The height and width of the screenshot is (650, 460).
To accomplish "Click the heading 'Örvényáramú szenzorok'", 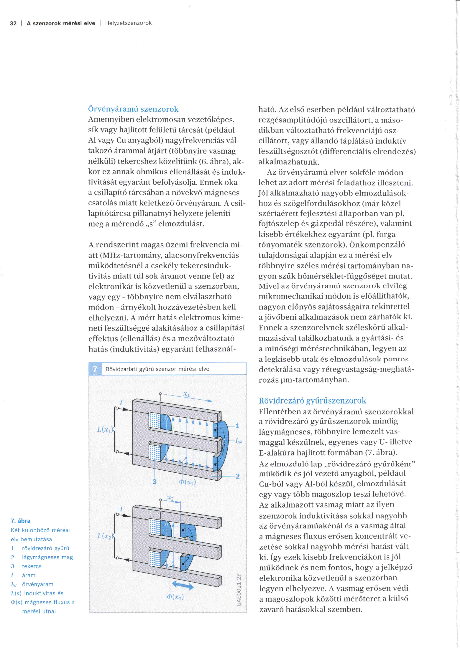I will point(133,109).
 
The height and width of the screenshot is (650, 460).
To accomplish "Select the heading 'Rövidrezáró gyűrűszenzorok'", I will point(312,401).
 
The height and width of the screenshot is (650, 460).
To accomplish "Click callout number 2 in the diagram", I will point(237,476).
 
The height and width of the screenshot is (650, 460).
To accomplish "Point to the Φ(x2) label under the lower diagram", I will point(175,597).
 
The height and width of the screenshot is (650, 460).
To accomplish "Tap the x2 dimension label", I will point(170,498).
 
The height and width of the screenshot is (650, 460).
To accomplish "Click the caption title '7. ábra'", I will point(20,521).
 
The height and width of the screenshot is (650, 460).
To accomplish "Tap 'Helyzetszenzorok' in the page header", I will point(128,23).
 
